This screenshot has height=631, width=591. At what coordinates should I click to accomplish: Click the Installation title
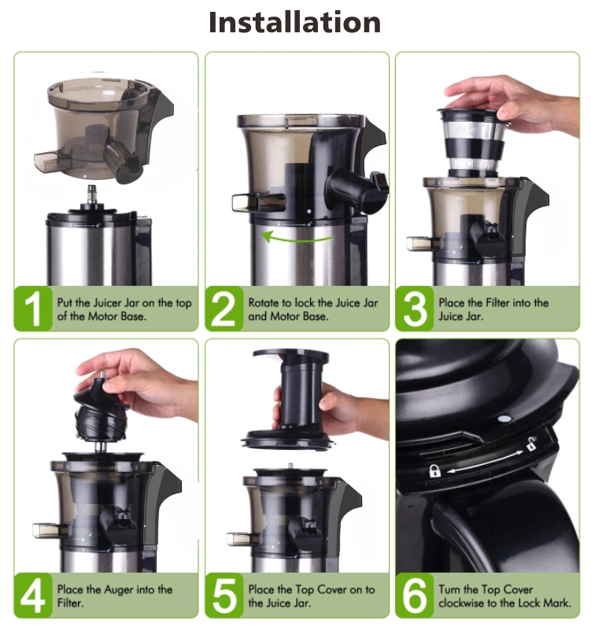[294, 23]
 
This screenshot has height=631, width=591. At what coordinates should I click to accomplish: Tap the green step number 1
[33, 309]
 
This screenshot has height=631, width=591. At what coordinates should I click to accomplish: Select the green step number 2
[223, 309]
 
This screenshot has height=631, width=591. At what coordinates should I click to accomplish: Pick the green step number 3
[415, 309]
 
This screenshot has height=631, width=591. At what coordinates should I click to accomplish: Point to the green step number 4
[33, 596]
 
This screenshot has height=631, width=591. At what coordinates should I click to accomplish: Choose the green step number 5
[223, 596]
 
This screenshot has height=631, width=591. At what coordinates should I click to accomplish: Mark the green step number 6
[415, 596]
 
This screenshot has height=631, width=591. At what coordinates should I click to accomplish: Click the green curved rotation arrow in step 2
[297, 240]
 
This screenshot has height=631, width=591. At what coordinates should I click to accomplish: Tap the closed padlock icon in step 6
[434, 470]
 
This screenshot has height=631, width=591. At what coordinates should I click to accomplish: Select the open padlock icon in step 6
[531, 444]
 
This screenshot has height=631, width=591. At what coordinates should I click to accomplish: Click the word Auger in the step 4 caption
[119, 590]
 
